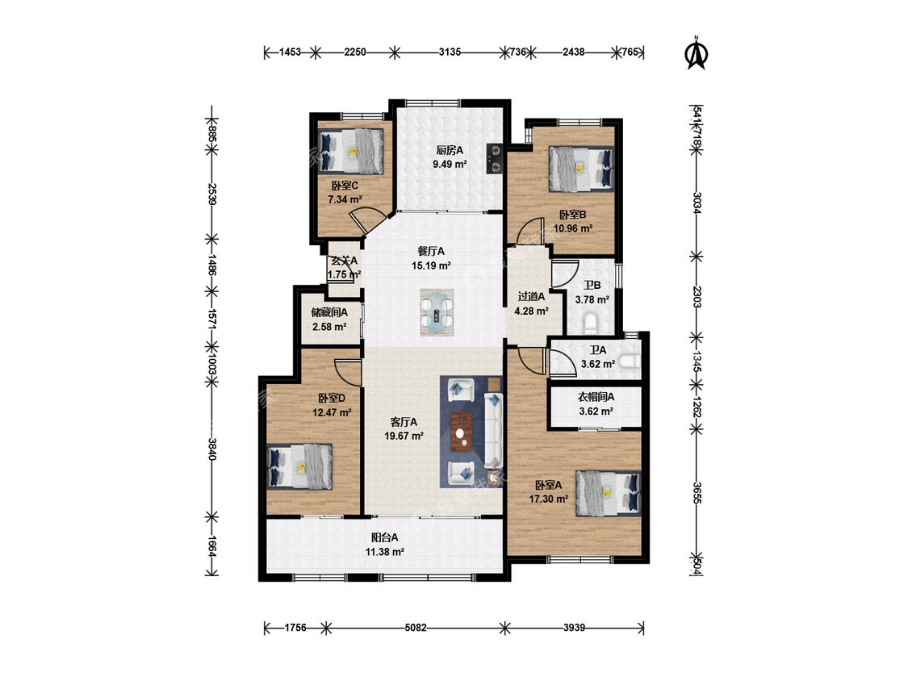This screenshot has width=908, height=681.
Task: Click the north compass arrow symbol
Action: pos(697,53)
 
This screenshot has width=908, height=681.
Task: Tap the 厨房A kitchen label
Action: pos(450,150)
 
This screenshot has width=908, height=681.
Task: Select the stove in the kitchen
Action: pos(495,159)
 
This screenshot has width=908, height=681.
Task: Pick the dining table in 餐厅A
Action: pos(437,312)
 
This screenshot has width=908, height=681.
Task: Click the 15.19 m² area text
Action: pos(432,265)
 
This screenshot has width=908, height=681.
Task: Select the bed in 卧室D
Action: pos(300,466)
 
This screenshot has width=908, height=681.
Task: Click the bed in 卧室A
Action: pos(608,493)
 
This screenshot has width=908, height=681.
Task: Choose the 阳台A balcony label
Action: pos(384,538)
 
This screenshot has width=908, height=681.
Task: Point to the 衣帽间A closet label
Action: pos(596,397)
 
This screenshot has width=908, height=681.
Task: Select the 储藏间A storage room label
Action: pos(329,313)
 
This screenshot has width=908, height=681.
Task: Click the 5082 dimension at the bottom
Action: pos(416,627)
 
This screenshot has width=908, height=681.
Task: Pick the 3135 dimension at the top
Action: pos(450,52)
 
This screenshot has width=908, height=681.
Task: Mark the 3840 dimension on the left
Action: pos(211,449)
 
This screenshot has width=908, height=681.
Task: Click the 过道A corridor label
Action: pos(532,297)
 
